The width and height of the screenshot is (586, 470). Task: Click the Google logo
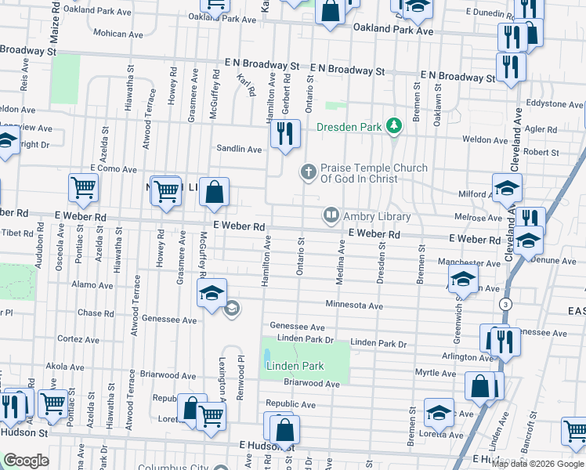[26, 461]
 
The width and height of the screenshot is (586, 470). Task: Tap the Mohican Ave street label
[119, 34]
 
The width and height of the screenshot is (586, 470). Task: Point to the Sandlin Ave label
[240, 149]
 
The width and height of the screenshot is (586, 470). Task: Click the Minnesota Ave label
[354, 305]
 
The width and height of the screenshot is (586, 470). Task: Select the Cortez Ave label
[77, 338]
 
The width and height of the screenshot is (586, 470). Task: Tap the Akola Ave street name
[65, 366]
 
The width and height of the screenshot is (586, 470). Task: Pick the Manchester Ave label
[468, 263]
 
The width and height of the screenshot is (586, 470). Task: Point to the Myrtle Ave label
[436, 374]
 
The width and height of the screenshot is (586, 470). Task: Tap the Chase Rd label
[96, 313]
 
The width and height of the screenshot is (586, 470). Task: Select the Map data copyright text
[537, 463]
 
